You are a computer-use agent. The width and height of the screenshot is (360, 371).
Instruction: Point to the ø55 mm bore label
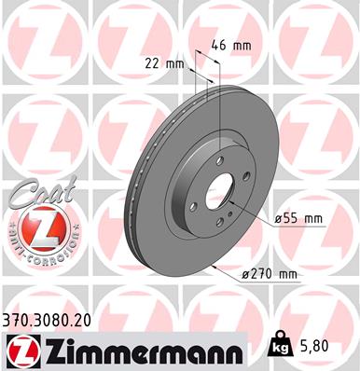(298, 218)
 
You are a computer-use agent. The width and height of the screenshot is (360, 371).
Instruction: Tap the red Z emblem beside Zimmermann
(21, 350)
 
